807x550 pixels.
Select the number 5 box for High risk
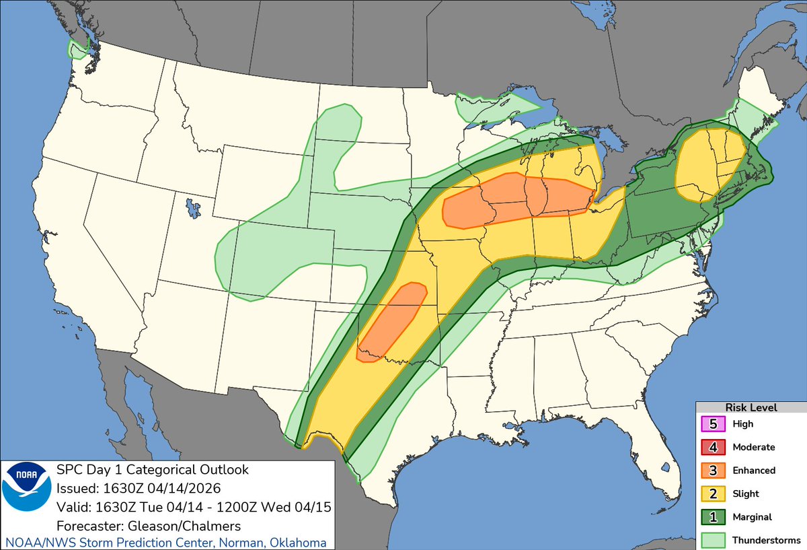coord(714,424)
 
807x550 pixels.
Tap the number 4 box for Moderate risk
coord(714,447)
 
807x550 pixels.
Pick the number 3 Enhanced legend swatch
coord(714,470)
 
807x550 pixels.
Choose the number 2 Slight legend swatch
coord(714,493)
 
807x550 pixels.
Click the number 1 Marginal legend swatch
coord(714,516)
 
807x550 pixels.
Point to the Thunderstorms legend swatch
coord(714,540)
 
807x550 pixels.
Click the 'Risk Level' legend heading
coord(751,407)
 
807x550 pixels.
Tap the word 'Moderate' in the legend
coord(754,447)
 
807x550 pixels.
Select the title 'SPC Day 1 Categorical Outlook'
coord(153,470)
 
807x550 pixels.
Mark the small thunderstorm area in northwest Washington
coord(78,48)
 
